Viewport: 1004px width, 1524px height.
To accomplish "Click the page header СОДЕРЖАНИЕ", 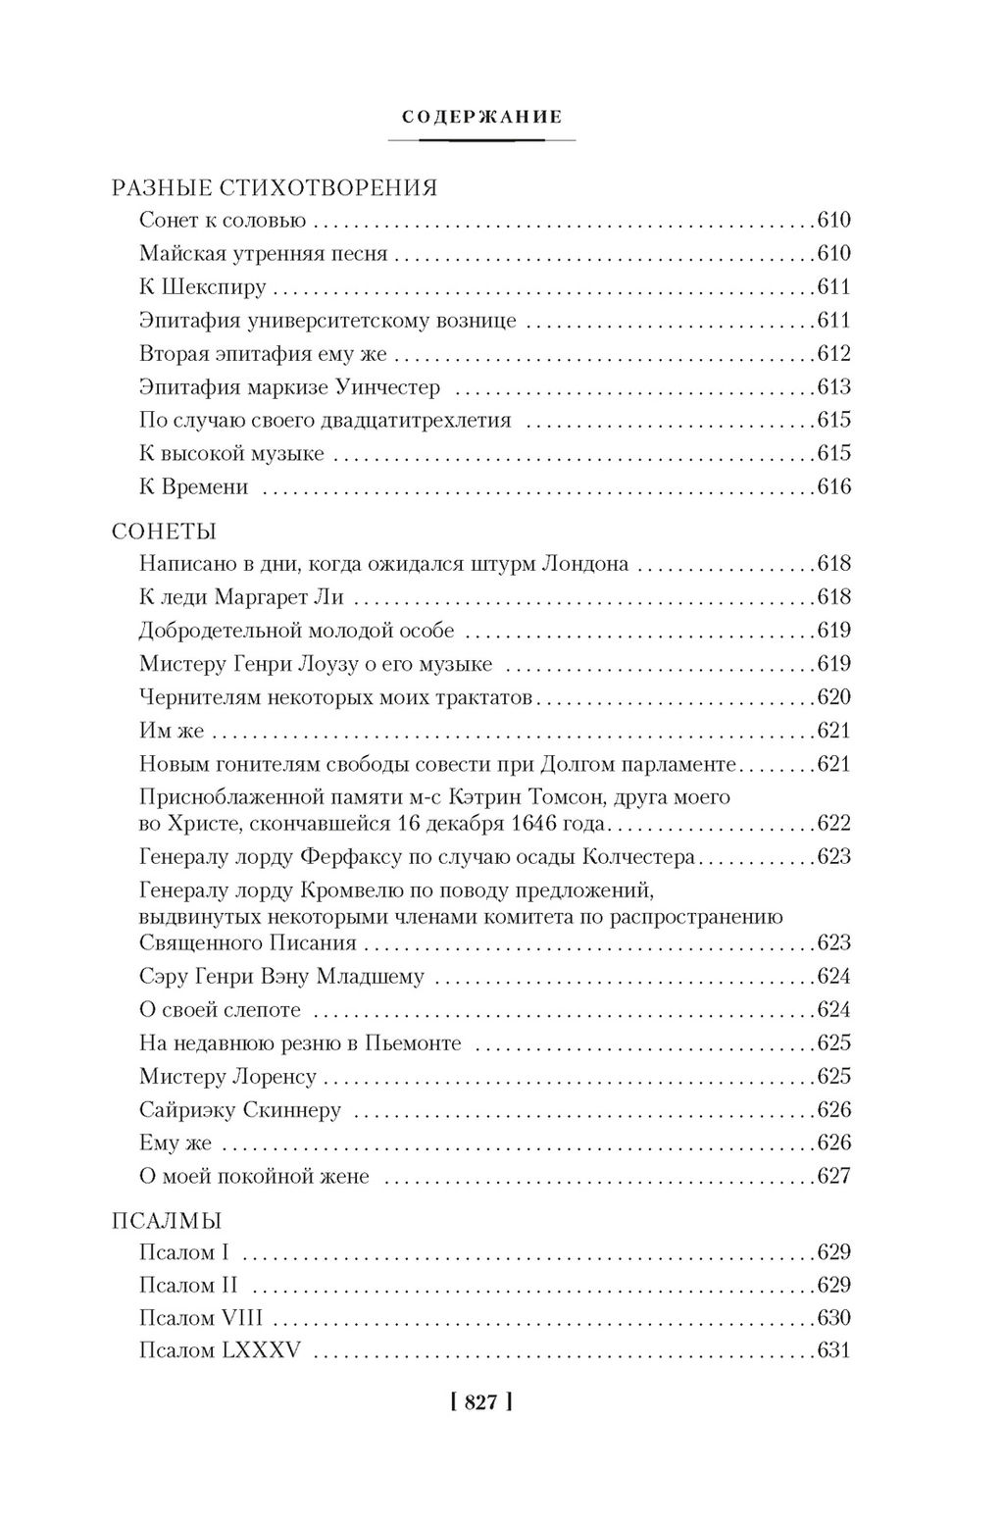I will pyautogui.click(x=481, y=118).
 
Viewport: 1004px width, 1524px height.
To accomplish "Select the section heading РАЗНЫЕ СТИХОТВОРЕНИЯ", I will pyautogui.click(x=274, y=188).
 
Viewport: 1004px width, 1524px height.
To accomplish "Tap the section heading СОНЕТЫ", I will pyautogui.click(x=164, y=532).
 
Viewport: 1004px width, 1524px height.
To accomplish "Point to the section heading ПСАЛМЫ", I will pyautogui.click(x=166, y=1221).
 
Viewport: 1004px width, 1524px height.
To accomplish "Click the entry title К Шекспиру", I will pyautogui.click(x=203, y=287).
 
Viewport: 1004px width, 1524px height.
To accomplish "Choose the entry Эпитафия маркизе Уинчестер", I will pyautogui.click(x=289, y=387).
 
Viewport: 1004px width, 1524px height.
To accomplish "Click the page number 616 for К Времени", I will pyautogui.click(x=833, y=487).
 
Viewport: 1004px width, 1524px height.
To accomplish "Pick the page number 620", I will pyautogui.click(x=833, y=697).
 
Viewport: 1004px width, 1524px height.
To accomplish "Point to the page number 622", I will pyautogui.click(x=833, y=823).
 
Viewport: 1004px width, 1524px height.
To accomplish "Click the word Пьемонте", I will pyautogui.click(x=413, y=1043).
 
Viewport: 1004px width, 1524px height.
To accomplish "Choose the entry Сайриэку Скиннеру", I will pyautogui.click(x=240, y=1110).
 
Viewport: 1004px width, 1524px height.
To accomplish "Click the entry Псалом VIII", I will pyautogui.click(x=206, y=1318).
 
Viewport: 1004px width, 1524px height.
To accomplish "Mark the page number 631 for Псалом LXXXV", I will pyautogui.click(x=833, y=1351).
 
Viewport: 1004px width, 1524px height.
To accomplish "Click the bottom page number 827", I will pyautogui.click(x=480, y=1403).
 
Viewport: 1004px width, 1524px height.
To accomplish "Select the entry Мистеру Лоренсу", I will pyautogui.click(x=227, y=1077).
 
